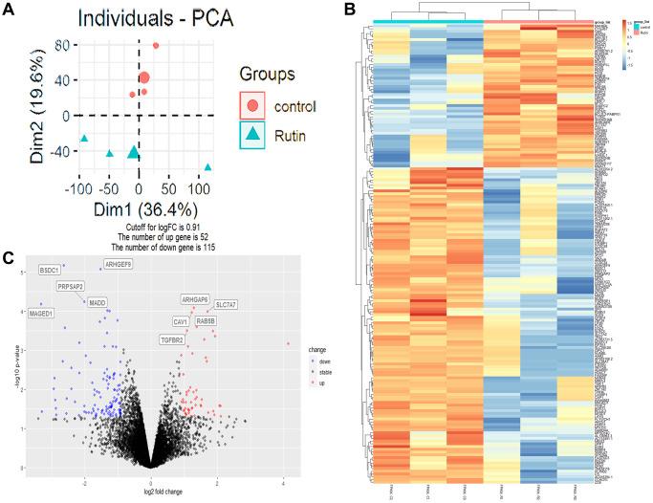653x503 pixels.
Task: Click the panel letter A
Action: pos(9,9)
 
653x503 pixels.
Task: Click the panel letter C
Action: pos(8,255)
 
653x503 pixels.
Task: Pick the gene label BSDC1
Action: pos(50,271)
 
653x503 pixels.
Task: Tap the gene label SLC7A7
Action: pos(226,304)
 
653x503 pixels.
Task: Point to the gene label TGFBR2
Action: pos(173,339)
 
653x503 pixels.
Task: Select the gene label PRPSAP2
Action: pos(70,286)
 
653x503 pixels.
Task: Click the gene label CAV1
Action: pos(181,322)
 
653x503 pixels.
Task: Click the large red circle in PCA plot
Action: pos(144,78)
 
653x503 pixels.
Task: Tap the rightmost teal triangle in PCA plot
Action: pos(207,167)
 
